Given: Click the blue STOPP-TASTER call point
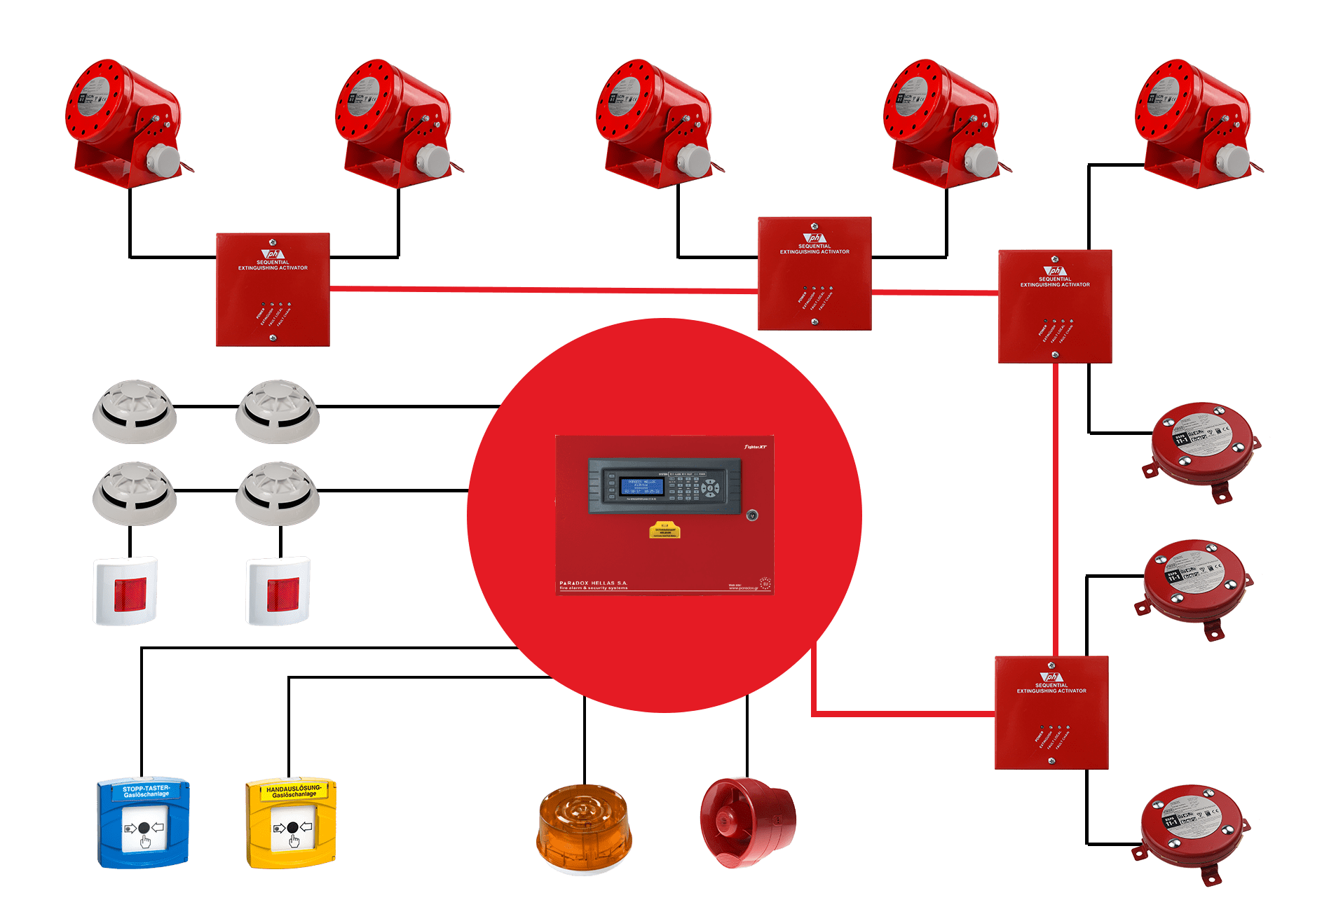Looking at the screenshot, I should point(143,822).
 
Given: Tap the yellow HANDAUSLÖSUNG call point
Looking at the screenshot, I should point(291,824).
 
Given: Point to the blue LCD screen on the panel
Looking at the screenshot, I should point(641,486).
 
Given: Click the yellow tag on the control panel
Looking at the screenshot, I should point(664,530).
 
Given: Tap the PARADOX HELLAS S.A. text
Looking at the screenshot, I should point(593,583).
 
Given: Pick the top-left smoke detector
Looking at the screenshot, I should point(135,411).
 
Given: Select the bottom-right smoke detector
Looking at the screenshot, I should point(278,493).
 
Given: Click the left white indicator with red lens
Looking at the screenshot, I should point(125,590).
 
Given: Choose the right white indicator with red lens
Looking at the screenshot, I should point(278,590).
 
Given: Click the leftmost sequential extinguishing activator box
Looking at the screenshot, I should point(273,289).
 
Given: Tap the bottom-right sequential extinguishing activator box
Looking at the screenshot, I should point(1051,712).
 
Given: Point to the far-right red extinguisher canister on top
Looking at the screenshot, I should point(1193,123).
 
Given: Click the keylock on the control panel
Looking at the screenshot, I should point(752,515).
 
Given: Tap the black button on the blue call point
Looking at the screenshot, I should point(144,829).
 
